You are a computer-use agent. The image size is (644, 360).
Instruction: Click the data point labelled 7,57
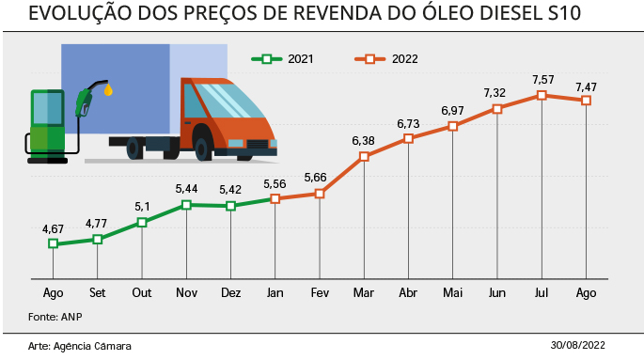[542, 95]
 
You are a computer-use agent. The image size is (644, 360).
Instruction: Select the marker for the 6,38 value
[364, 156]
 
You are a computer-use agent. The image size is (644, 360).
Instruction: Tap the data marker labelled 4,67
[53, 243]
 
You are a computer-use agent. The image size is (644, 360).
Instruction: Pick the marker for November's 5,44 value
[186, 204]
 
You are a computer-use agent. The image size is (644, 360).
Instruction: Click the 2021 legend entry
[283, 59]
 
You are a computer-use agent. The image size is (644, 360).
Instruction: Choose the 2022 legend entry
[386, 59]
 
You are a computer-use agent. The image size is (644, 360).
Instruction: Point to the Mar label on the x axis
[364, 292]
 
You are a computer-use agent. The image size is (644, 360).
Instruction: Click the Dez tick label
[231, 292]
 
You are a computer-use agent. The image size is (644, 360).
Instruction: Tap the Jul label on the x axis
[542, 292]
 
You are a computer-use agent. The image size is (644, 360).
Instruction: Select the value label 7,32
[495, 93]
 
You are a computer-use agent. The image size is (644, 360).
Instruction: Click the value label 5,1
[142, 207]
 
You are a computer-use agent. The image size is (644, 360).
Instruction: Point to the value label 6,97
[452, 111]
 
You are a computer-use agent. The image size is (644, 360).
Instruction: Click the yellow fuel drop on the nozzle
[108, 89]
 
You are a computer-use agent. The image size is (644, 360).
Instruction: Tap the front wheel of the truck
[201, 149]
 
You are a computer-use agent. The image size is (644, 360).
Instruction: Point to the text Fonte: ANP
[55, 317]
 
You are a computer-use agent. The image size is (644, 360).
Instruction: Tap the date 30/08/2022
[577, 345]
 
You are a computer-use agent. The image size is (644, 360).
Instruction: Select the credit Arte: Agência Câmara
[80, 346]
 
